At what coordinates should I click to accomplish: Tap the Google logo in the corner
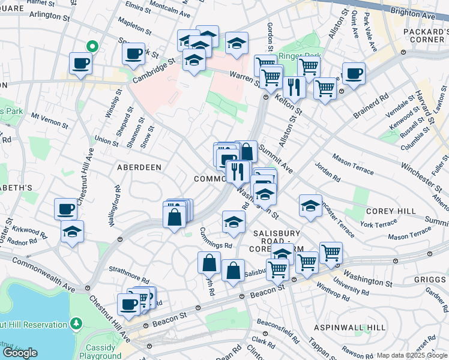coord(20,353)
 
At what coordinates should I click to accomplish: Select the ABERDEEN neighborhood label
coord(139,167)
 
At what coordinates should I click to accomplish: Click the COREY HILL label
coord(391,211)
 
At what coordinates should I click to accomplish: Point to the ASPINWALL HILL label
coord(350,328)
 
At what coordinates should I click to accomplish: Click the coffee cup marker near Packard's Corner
coord(354,74)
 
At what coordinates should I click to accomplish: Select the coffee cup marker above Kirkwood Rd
coord(65,209)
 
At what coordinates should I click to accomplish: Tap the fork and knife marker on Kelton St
coord(294,86)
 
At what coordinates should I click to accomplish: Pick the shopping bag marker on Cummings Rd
coord(209,262)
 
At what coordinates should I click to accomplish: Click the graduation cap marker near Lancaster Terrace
coord(310,205)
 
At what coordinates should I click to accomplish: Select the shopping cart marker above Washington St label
coord(331,253)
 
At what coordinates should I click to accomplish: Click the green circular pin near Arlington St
coord(92,46)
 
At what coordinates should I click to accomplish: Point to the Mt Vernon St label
coord(50,120)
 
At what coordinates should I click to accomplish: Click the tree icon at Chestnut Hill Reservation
coord(76,325)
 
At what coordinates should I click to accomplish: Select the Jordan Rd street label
coord(327,173)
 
